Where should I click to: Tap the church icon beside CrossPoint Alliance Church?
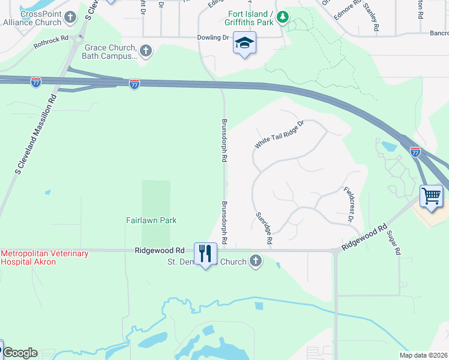[x=71, y=17]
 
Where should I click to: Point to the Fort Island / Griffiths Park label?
[x=250, y=18]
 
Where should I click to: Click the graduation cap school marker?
[x=244, y=43]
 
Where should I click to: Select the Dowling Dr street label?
[x=214, y=37]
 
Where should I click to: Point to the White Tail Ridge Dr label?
[x=280, y=134]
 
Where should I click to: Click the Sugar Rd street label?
[x=394, y=243]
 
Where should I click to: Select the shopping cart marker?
[x=432, y=196]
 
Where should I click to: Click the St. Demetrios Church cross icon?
[x=256, y=262]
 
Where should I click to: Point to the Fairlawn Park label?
[x=151, y=220]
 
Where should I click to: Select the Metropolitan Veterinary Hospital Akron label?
[x=44, y=258]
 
